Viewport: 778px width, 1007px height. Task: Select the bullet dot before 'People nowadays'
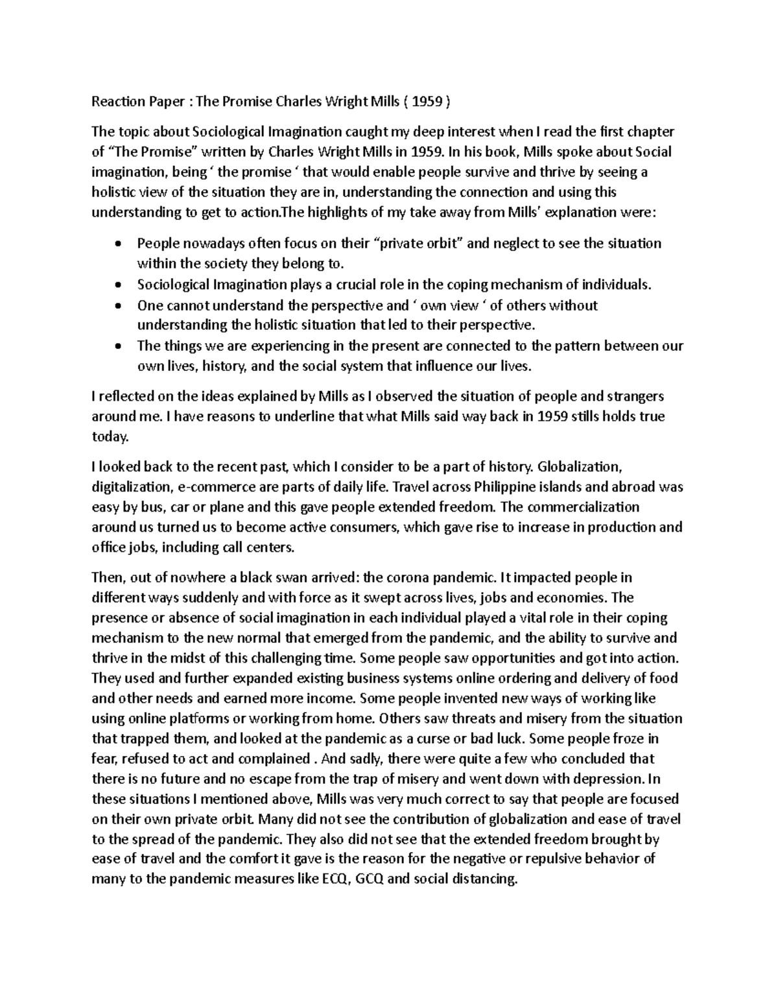point(117,244)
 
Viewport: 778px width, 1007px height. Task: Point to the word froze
point(628,739)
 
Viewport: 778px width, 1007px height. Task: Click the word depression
point(608,779)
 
